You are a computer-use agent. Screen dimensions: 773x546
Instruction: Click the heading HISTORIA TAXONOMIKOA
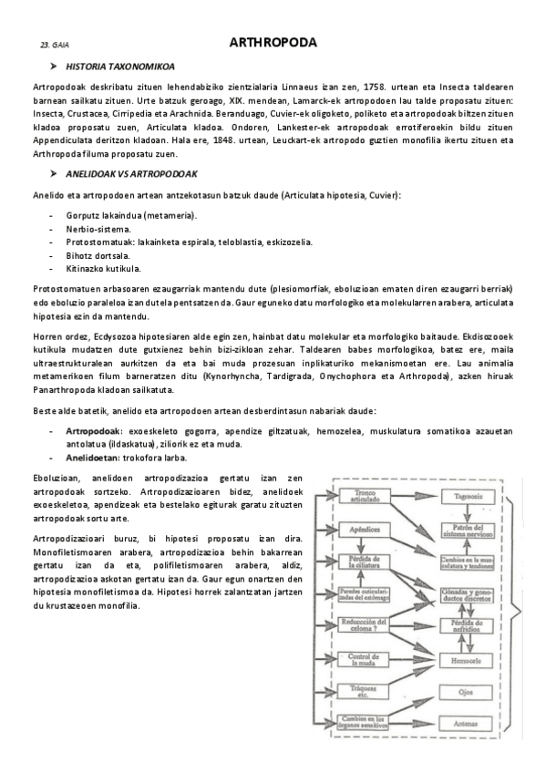pos(121,67)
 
